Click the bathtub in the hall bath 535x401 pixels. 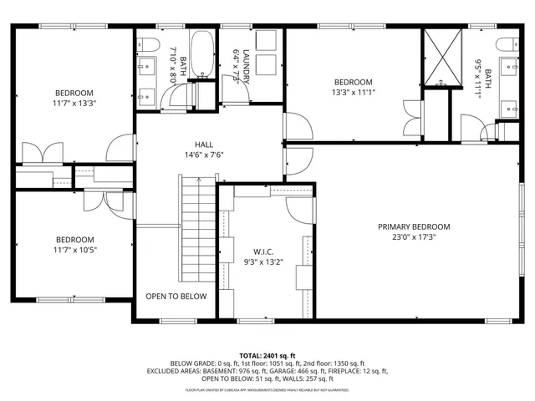coord(202,53)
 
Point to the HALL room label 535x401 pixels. coord(204,144)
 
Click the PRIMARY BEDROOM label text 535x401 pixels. coord(414,226)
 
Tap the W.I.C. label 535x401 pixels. coord(263,251)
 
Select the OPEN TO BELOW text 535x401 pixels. coord(176,297)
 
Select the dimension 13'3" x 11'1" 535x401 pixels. coord(353,93)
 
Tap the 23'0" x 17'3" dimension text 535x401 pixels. coord(414,237)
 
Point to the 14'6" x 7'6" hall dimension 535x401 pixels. coord(204,155)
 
